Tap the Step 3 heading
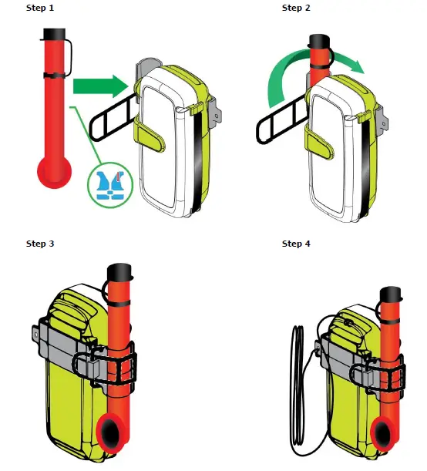[40, 244]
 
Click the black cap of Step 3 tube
[120, 271]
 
